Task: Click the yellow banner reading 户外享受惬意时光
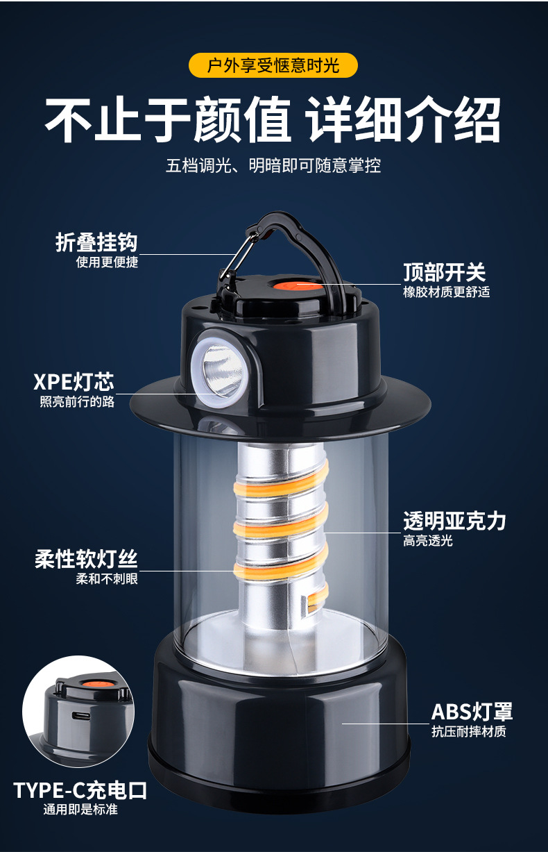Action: (273, 65)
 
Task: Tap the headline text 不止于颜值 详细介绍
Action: (273, 119)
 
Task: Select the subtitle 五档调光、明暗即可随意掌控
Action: (273, 166)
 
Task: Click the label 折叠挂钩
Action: (96, 242)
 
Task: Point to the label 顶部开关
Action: (445, 272)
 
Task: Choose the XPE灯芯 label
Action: (74, 382)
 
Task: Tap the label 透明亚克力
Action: (454, 521)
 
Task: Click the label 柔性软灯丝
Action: (86, 559)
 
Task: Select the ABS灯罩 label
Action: (472, 711)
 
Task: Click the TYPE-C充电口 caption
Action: (80, 790)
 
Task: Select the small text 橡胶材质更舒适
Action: (446, 292)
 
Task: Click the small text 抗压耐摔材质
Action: (468, 731)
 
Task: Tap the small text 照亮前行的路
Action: (77, 401)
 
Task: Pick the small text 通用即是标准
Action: (80, 810)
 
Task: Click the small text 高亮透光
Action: (428, 540)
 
